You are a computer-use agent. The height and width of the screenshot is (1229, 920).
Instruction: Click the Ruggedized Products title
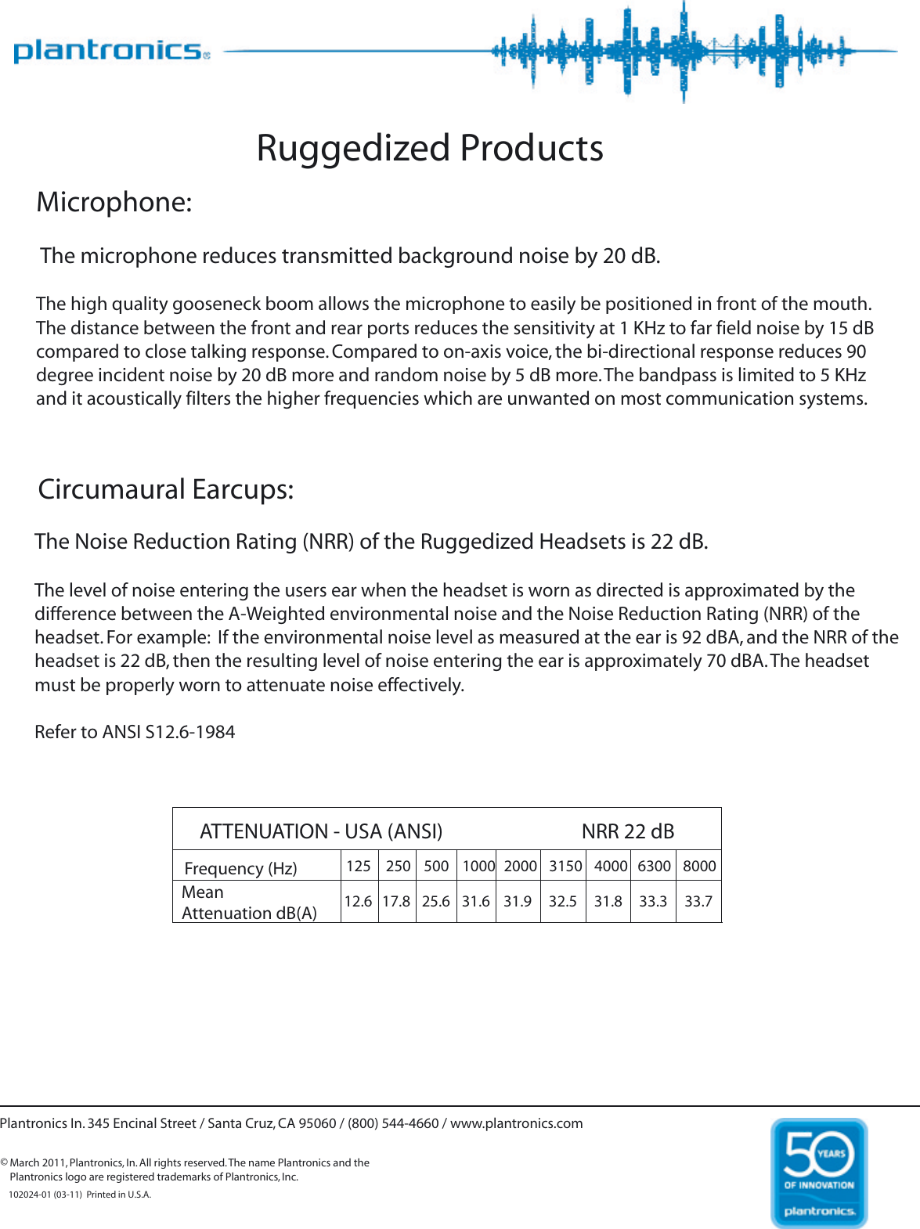coord(430,148)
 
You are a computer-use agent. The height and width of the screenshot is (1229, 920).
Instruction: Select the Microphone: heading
coord(114,202)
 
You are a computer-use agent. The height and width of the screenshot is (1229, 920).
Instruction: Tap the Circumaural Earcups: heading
coord(166,489)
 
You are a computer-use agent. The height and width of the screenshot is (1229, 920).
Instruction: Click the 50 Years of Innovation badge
coord(819,1172)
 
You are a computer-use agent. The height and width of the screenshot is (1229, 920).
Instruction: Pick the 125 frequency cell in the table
coord(359,866)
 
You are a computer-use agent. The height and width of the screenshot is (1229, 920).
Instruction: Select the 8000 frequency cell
coord(699,866)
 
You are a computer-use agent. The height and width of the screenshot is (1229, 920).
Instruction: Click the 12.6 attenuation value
coord(358,901)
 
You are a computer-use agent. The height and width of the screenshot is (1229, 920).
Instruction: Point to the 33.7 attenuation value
coord(698,901)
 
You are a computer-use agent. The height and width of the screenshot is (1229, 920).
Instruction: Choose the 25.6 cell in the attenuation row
coord(436,901)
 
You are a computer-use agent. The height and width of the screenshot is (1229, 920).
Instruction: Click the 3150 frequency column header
coord(565,866)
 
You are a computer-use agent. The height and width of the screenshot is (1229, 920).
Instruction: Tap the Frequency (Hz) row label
coord(241,868)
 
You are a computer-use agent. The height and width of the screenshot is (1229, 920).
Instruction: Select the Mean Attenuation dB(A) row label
coord(249,903)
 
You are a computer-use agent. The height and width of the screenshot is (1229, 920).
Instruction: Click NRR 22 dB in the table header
coord(628,831)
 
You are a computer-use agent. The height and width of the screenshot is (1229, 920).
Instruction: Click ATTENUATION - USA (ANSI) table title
coord(321,831)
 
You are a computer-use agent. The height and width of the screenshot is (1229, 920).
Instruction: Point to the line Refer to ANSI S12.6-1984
coord(135,732)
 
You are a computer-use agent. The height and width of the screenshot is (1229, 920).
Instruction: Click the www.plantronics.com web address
coord(517,1123)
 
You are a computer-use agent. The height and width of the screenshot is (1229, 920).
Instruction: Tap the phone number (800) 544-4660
coord(393,1123)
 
